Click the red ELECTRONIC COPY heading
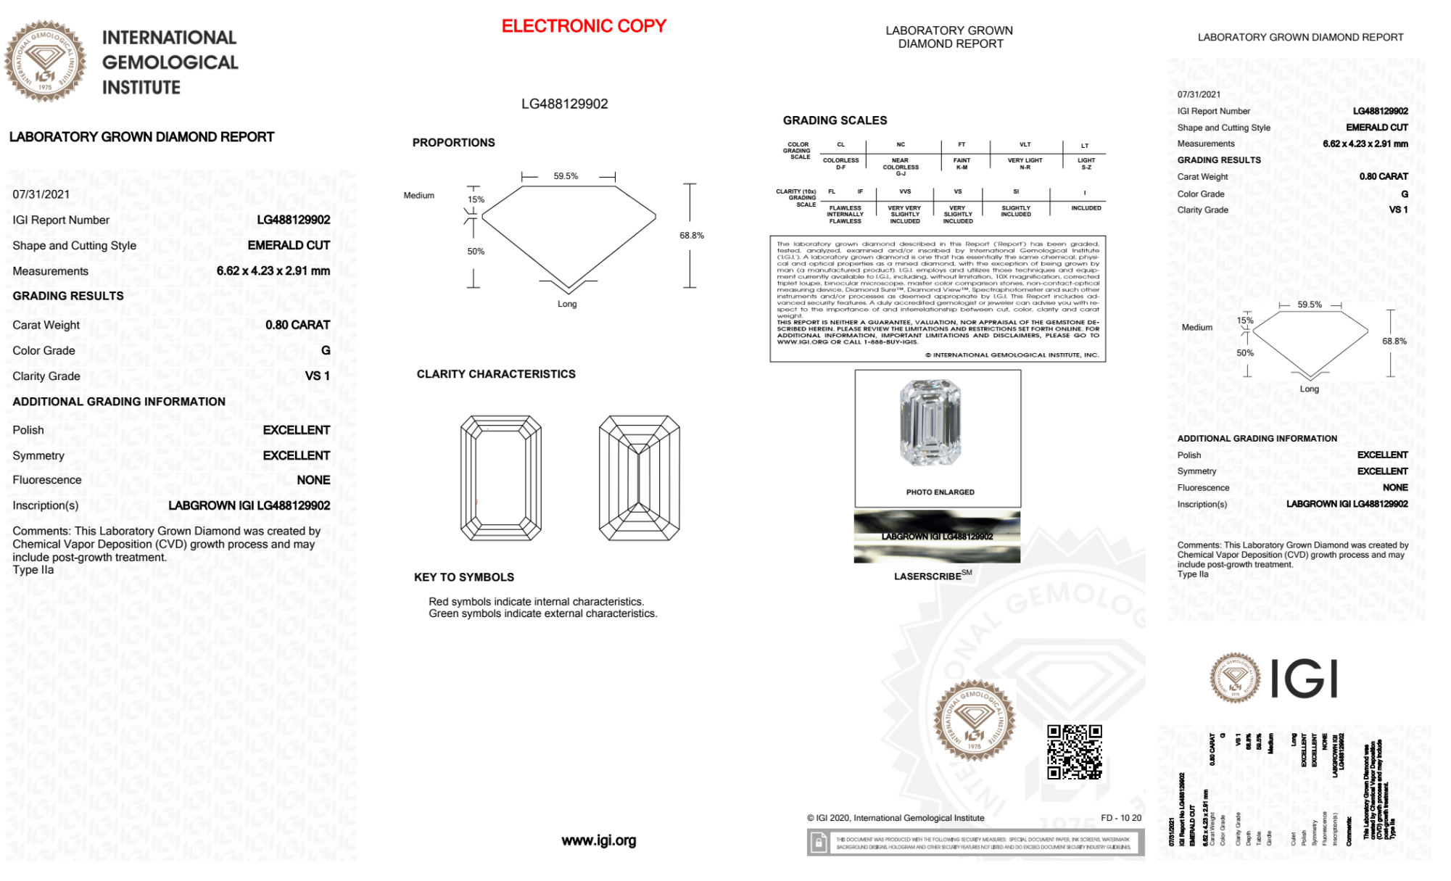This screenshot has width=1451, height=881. tap(584, 26)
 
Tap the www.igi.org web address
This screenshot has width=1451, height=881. tap(598, 840)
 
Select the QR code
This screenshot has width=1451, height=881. tap(1074, 751)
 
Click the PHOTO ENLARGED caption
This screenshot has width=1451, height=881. tap(940, 492)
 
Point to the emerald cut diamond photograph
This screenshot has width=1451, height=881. tap(930, 423)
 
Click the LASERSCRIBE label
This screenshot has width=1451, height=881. tap(932, 576)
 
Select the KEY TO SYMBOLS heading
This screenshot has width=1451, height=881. tap(463, 577)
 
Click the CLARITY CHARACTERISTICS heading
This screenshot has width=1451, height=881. tap(496, 374)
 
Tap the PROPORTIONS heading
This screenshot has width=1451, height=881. tap(453, 143)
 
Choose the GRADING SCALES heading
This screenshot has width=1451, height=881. tap(835, 120)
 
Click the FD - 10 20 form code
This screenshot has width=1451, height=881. tap(1120, 818)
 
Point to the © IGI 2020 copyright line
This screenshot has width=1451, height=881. tap(896, 818)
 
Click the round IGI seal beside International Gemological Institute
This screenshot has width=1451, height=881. tap(45, 62)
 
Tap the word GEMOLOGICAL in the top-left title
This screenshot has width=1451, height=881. tap(170, 62)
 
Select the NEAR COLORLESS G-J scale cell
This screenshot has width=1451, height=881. tap(901, 167)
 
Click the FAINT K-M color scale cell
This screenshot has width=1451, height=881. tap(962, 164)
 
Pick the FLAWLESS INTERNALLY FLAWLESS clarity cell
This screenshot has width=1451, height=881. tap(846, 214)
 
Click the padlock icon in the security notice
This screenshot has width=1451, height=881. tap(819, 843)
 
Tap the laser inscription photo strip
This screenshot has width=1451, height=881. tap(937, 537)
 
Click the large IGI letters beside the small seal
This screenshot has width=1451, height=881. tap(1305, 679)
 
